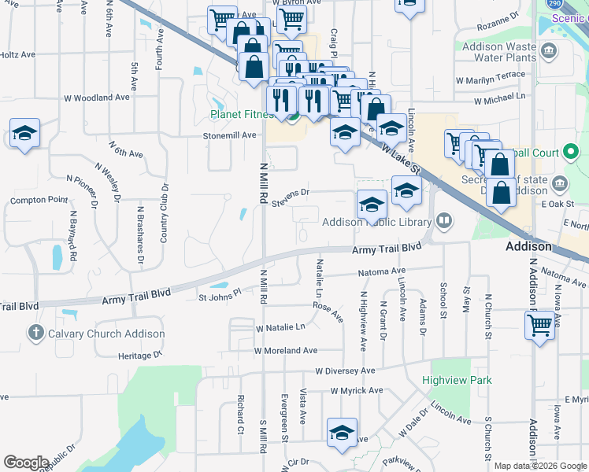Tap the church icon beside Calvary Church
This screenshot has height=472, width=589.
[35, 334]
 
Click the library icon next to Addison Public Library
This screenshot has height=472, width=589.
[444, 220]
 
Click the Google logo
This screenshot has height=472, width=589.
[26, 462]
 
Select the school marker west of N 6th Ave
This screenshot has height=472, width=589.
[24, 134]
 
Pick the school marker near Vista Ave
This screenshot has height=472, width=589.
[342, 433]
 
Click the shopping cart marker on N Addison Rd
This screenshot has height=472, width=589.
[540, 325]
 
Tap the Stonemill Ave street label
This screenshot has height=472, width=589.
[230, 135]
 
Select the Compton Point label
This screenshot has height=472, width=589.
[39, 201]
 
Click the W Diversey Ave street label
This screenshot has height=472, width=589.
[345, 371]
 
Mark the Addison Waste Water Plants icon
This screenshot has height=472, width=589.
[549, 52]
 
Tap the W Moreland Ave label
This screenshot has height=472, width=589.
[285, 350]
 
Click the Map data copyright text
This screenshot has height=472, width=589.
[540, 466]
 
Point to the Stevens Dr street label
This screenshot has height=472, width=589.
[291, 194]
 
